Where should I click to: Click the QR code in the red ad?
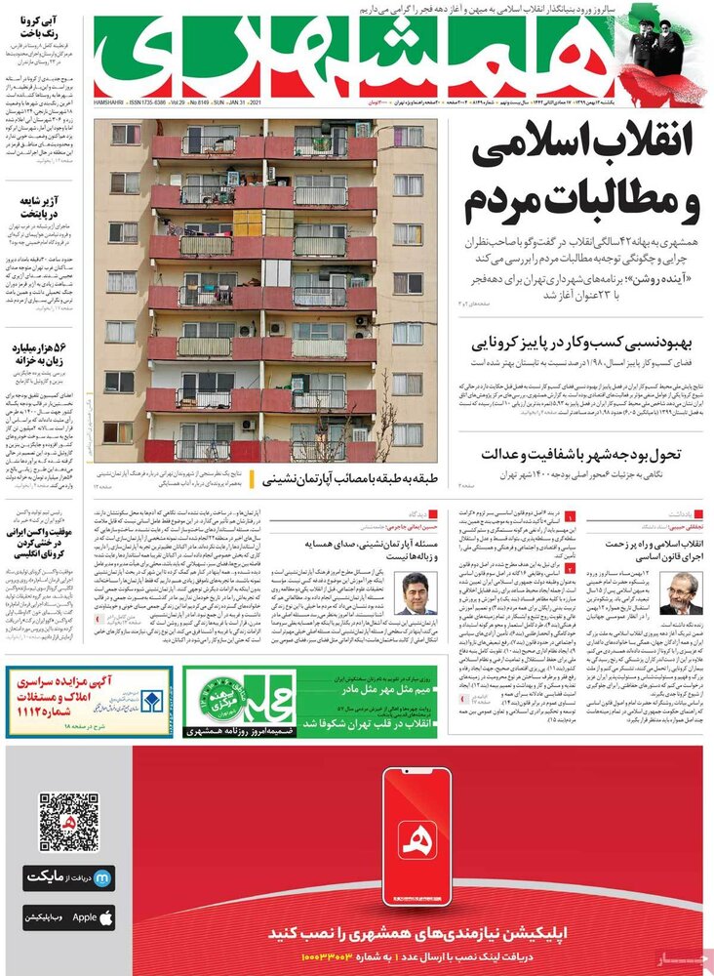pos(69,821)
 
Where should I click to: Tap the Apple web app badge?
pos(69,918)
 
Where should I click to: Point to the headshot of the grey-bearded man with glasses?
pos(680,592)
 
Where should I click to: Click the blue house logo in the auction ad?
pos(148,702)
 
